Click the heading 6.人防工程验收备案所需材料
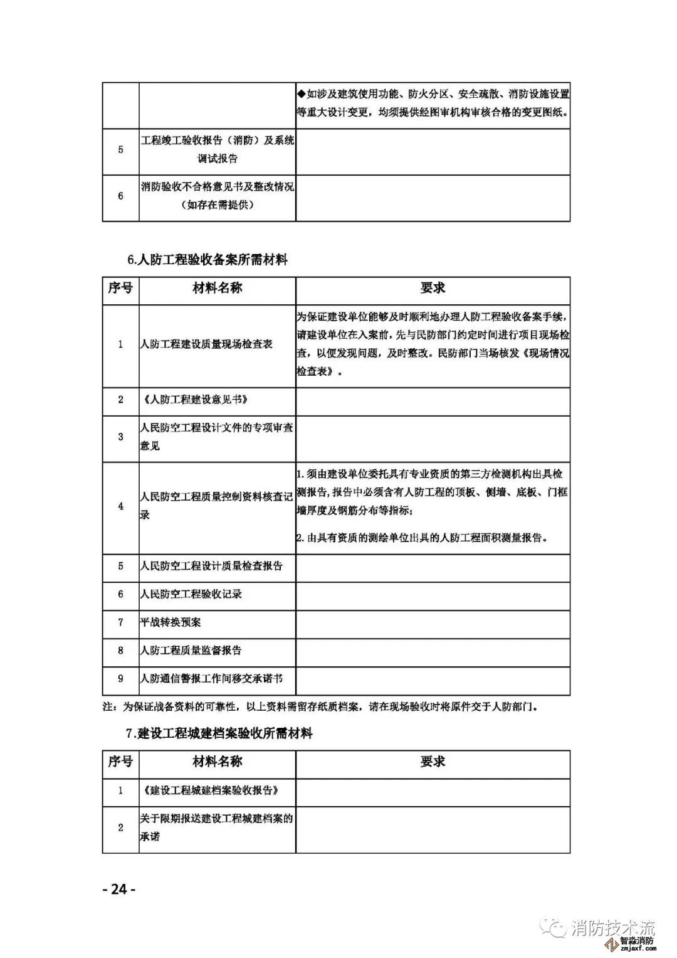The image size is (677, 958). point(207,259)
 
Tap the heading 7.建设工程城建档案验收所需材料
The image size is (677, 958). point(219,733)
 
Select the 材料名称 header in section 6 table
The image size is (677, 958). point(217,288)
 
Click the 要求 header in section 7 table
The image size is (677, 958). point(433,762)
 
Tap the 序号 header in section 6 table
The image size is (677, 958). point(120,288)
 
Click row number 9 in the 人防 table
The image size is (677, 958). point(121,679)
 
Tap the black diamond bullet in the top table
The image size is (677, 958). point(302,94)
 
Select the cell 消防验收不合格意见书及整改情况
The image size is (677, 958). point(217,187)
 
